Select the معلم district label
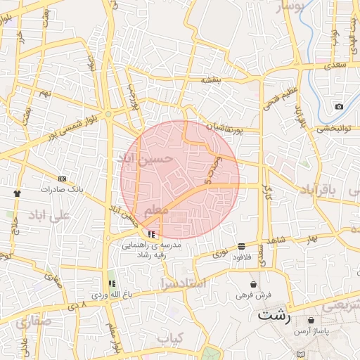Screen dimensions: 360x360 [155, 212]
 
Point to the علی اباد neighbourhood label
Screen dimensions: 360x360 [49, 217]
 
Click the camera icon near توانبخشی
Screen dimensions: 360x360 [340, 107]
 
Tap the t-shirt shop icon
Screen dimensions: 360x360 [17, 192]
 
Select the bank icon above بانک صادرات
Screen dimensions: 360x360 [62, 179]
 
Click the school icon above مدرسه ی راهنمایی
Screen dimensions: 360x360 [153, 233]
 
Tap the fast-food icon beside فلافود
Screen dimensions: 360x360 [242, 246]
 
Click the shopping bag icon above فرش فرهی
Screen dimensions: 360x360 [253, 284]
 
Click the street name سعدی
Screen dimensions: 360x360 [336, 65]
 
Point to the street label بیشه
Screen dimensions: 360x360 [211, 80]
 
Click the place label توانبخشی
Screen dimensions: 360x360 [334, 128]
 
